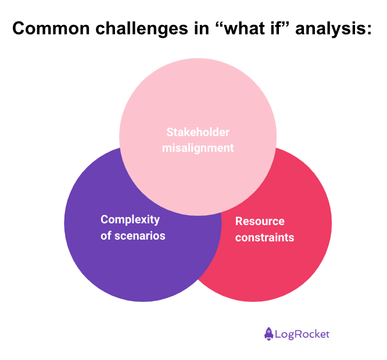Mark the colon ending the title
[368, 30]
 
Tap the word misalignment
[198, 148]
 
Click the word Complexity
[130, 219]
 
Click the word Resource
[260, 221]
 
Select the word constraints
[264, 237]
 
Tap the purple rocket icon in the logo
[268, 333]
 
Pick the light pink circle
[198, 93]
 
